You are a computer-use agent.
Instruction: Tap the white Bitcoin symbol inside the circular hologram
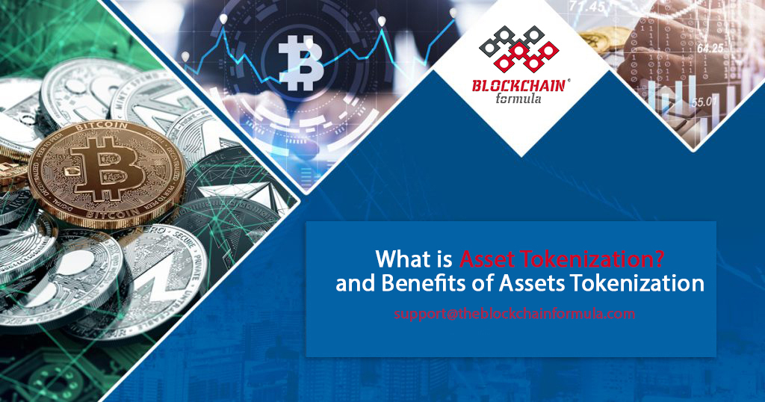(x=302, y=58)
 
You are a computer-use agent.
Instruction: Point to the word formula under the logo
(x=520, y=101)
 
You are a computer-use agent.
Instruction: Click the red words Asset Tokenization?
(x=563, y=259)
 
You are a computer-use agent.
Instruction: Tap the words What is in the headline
(x=414, y=259)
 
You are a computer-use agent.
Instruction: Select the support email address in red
(x=515, y=314)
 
